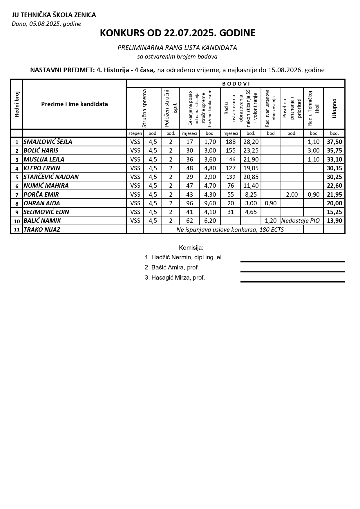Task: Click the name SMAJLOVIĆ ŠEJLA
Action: pos(48,142)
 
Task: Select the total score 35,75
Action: pos(334,151)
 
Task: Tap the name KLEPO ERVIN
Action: pos(42,168)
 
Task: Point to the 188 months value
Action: pos(231,142)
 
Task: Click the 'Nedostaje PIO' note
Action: pos(300,221)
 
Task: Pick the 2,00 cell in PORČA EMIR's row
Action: pos(292,195)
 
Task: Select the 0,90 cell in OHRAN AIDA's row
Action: pos(271,203)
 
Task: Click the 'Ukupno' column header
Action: pos(334,108)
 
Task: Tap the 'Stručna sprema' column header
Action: pos(144,108)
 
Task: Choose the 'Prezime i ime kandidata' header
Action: pos(75,104)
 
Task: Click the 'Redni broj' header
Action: pos(17,104)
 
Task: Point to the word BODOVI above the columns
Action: pos(236,84)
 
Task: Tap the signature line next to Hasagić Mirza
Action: pos(292,281)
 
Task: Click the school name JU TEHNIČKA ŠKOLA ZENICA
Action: pos(54,15)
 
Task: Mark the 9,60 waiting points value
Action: pos(210,203)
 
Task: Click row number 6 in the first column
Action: pos(17,186)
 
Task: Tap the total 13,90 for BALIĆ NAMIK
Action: pos(334,221)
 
